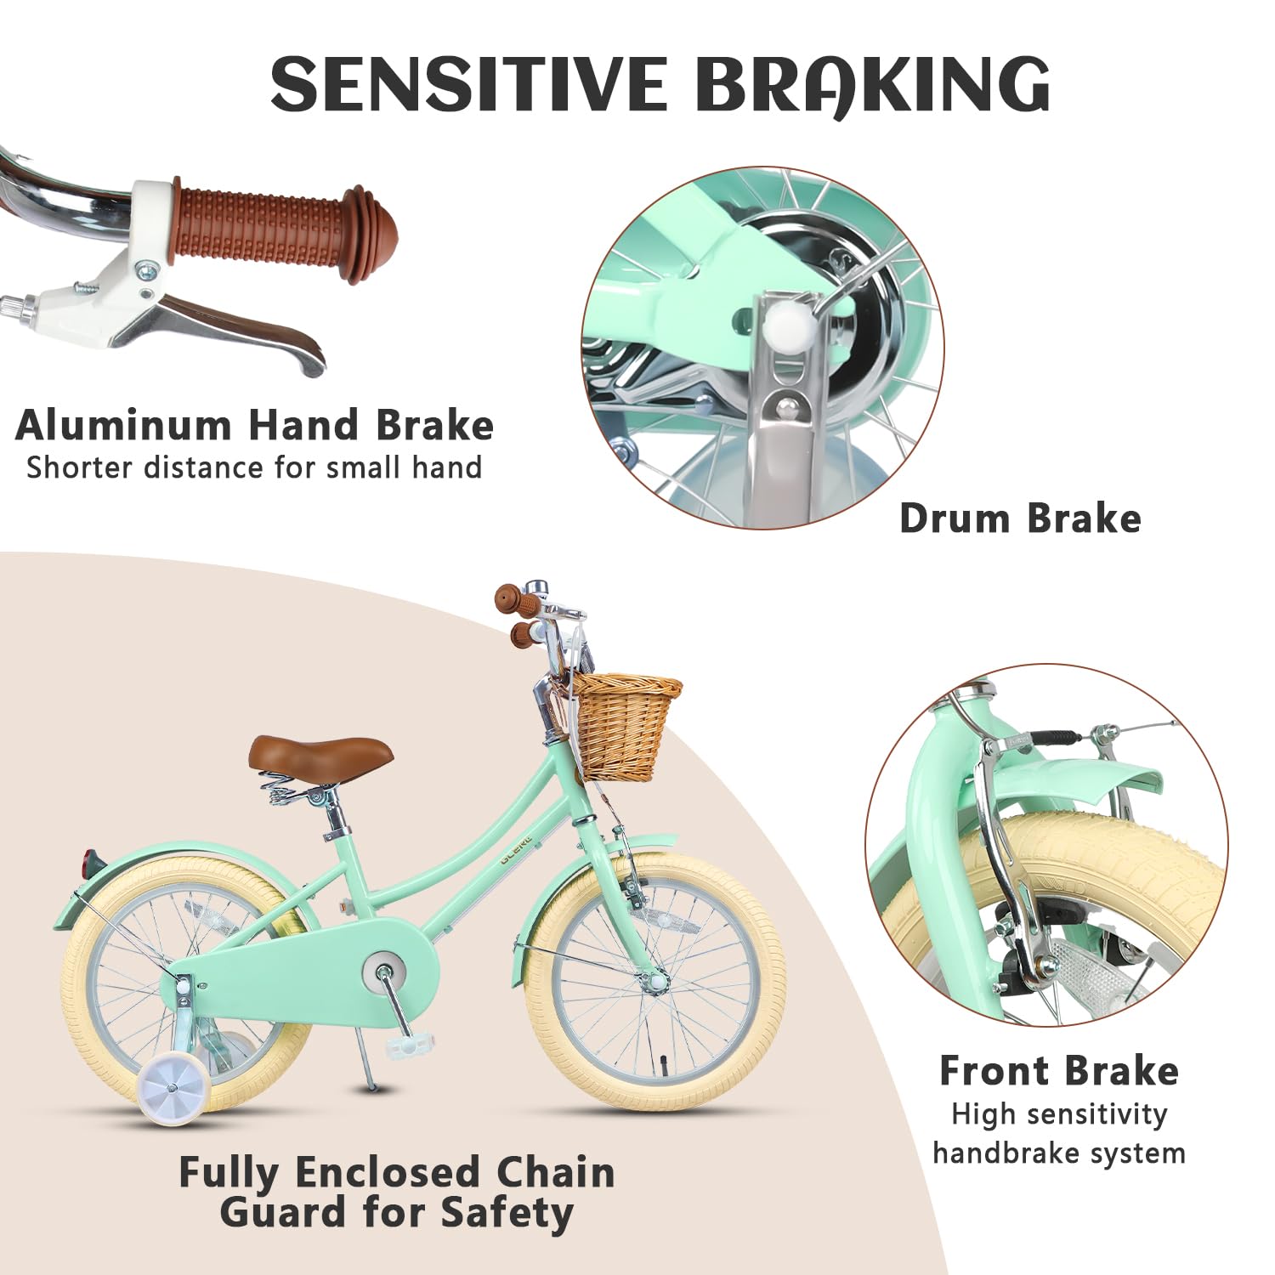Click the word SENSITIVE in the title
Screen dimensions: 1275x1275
point(468,83)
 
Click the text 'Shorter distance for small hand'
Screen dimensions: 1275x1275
point(254,467)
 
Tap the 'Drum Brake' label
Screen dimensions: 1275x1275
point(1020,518)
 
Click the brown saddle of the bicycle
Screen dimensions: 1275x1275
point(321,756)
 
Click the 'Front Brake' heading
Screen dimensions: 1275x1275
point(1058,1070)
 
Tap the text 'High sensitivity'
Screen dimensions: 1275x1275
point(1059,1113)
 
